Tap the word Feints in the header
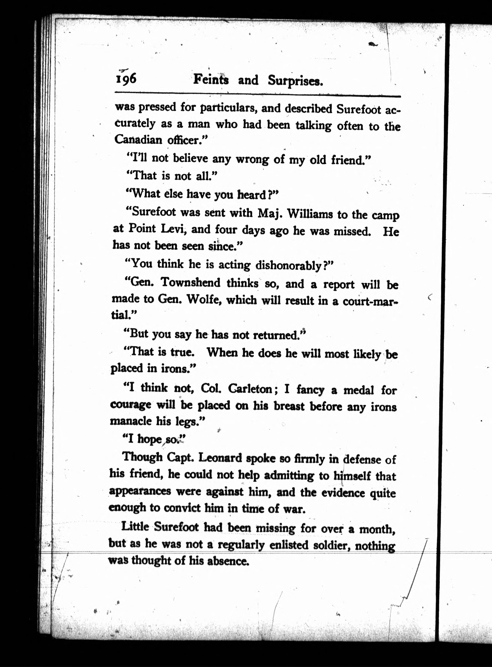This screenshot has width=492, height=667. (211, 80)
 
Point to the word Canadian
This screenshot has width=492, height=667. (138, 139)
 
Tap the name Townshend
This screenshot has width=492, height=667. (190, 282)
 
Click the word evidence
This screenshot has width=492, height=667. (343, 493)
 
